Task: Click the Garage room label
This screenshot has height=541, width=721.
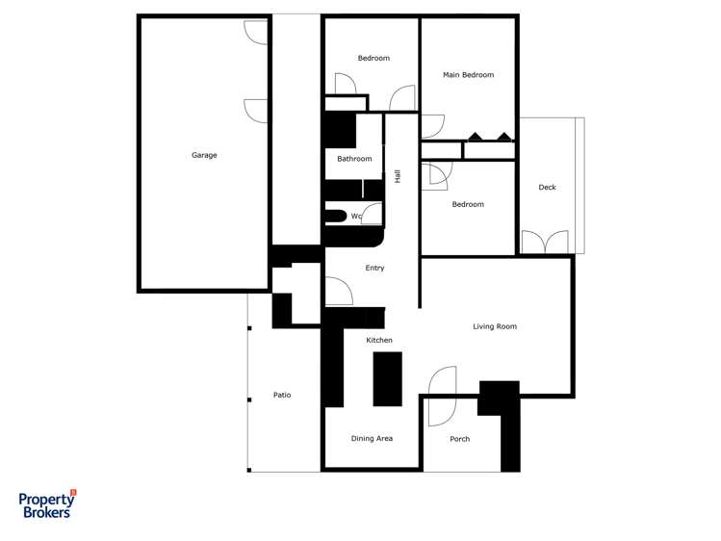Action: pyautogui.click(x=204, y=155)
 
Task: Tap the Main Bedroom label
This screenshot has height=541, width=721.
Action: pyautogui.click(x=468, y=75)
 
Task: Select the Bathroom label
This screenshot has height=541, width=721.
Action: pyautogui.click(x=354, y=159)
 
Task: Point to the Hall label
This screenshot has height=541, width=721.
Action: pyautogui.click(x=397, y=176)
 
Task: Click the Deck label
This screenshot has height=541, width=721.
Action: pyautogui.click(x=547, y=188)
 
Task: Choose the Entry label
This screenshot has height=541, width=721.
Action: pyautogui.click(x=374, y=268)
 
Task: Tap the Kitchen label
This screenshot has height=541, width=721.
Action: pyautogui.click(x=379, y=340)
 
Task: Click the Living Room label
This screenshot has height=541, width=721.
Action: pyautogui.click(x=495, y=326)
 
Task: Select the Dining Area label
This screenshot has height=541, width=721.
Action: pyautogui.click(x=372, y=439)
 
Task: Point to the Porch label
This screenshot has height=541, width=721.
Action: pyautogui.click(x=460, y=439)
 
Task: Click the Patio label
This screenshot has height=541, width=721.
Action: pyautogui.click(x=282, y=395)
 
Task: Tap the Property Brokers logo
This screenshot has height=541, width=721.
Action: pyautogui.click(x=47, y=504)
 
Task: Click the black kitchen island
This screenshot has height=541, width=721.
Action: pyautogui.click(x=387, y=378)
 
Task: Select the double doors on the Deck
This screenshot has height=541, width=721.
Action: pyautogui.click(x=545, y=242)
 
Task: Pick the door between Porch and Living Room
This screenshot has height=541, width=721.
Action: pyautogui.click(x=442, y=396)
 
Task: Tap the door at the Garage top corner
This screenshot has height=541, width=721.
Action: pyautogui.click(x=256, y=32)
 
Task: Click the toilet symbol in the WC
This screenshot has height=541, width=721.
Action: pyautogui.click(x=334, y=216)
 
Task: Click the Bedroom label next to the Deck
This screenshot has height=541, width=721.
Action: pyautogui.click(x=468, y=204)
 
